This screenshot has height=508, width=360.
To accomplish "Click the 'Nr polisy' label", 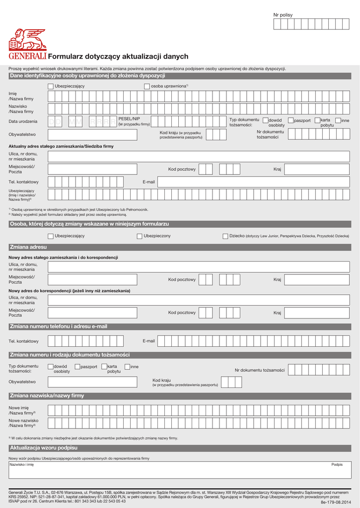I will (283, 15).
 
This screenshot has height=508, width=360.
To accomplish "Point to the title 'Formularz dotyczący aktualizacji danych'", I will (118, 57).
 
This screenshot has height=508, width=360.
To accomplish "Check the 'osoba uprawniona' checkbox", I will (147, 86).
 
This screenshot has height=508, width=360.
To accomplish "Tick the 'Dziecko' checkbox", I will (225, 236).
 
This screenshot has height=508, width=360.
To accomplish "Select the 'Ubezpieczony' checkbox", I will (140, 236).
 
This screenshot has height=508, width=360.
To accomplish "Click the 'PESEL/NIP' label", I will (129, 119).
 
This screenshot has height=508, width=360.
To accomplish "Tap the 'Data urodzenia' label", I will (23, 122).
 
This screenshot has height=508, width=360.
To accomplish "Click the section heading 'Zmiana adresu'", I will (28, 247).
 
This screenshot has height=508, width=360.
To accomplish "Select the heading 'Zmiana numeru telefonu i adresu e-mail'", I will (59, 326).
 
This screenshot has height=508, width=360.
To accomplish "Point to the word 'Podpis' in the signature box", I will (337, 464).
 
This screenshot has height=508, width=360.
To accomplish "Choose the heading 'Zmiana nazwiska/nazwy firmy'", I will (47, 396).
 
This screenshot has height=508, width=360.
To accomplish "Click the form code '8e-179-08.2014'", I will (335, 502).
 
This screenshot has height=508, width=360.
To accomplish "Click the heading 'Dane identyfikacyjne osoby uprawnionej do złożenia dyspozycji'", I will (87, 76).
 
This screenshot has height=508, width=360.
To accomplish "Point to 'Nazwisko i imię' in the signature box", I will (21, 465).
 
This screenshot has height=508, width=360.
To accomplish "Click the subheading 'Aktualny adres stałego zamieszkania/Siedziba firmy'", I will (61, 146).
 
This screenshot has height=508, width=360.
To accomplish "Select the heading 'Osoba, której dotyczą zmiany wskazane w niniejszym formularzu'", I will (89, 224).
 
